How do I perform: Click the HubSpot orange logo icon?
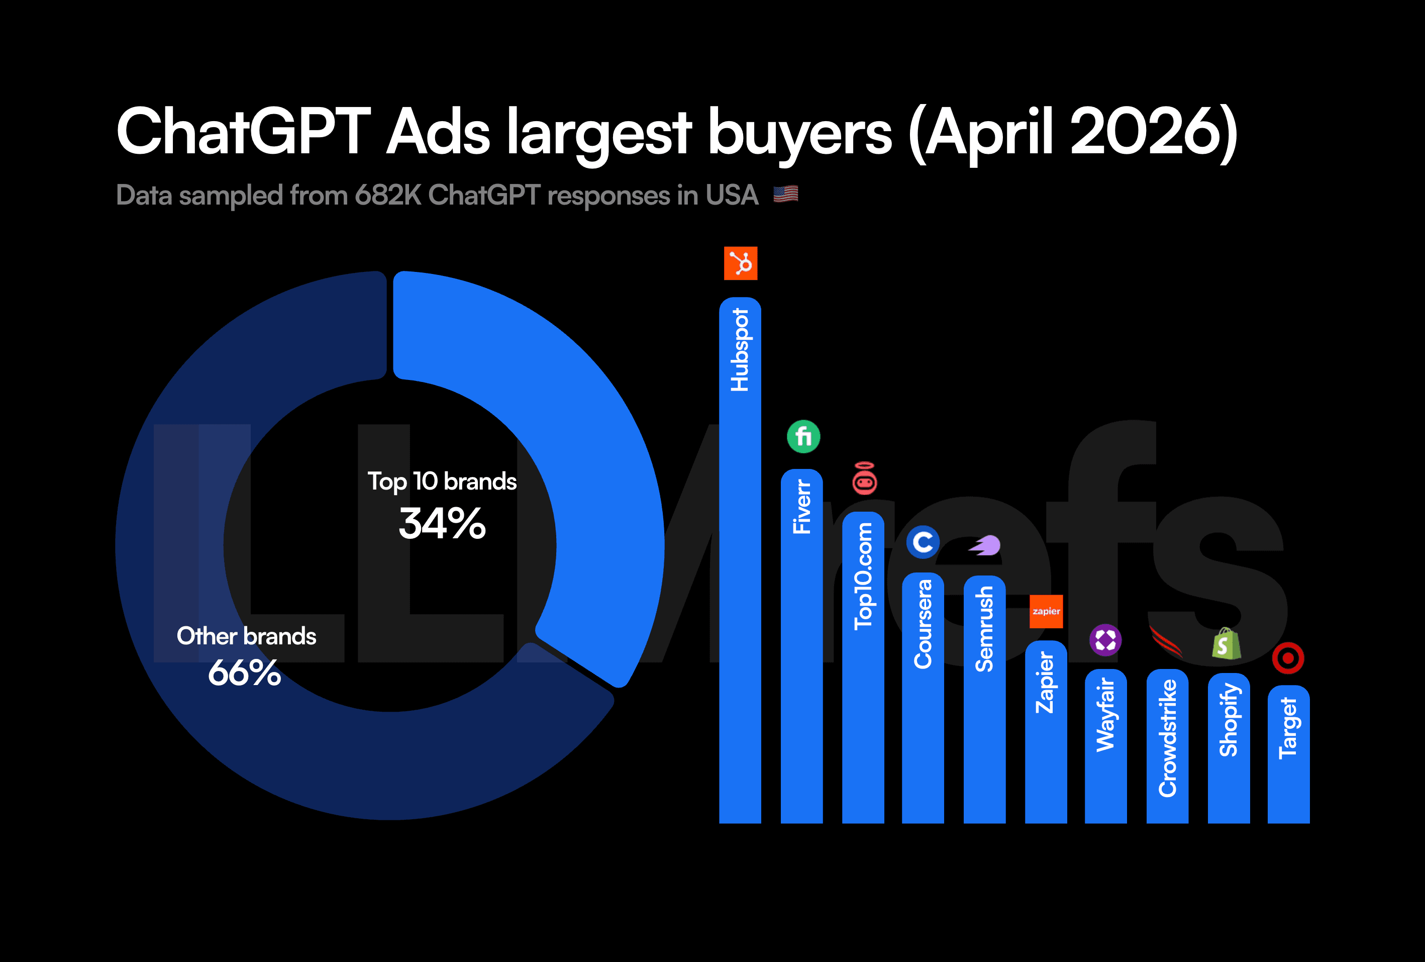(740, 263)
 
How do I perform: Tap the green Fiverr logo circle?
(803, 437)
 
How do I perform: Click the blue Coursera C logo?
(923, 542)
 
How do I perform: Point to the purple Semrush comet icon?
(985, 545)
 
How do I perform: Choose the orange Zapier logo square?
(1046, 611)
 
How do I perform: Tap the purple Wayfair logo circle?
(1105, 640)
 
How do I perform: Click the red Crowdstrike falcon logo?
(1166, 642)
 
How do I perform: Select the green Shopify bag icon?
(1227, 644)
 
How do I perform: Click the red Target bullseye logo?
(1288, 658)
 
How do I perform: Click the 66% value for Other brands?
(245, 673)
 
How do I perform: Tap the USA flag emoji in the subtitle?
(785, 195)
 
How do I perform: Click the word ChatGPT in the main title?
(243, 132)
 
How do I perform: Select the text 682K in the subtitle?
(387, 196)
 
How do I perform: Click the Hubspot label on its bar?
(740, 350)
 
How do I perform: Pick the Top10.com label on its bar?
(863, 576)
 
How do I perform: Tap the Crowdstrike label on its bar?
(1167, 738)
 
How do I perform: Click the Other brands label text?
(247, 636)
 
